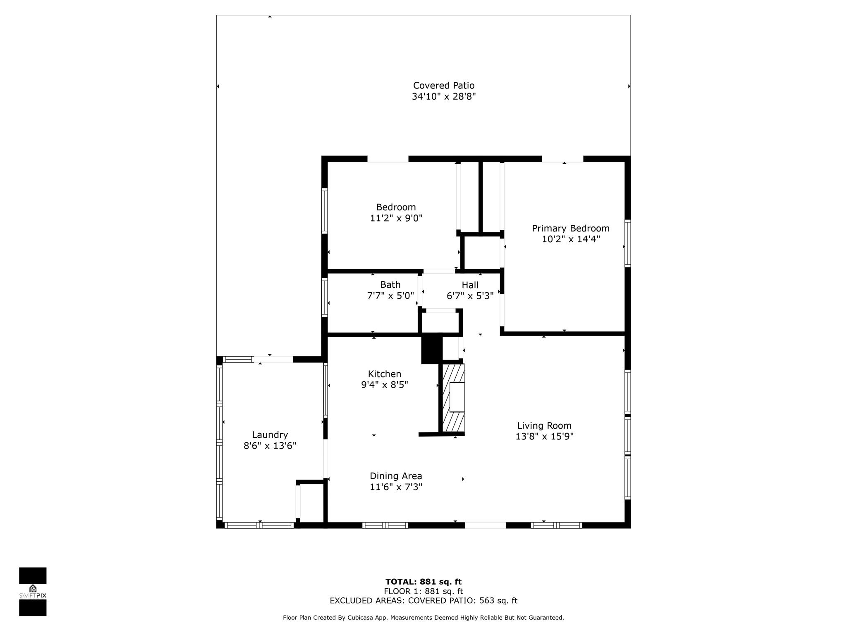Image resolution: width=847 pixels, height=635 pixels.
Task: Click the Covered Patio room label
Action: (x=444, y=86)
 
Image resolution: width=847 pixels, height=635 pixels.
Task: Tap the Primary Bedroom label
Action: (x=571, y=228)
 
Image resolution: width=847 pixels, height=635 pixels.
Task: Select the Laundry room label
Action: (x=270, y=434)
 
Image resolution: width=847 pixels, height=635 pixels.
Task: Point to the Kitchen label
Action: (x=385, y=374)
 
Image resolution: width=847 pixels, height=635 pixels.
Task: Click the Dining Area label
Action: (x=396, y=476)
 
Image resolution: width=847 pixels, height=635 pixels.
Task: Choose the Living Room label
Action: (x=544, y=425)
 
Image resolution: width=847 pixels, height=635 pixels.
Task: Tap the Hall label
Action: (x=470, y=285)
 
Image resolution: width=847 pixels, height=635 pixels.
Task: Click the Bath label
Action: (x=390, y=284)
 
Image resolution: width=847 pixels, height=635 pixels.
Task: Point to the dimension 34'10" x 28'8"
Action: (x=444, y=96)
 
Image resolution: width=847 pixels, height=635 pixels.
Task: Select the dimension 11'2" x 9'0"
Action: (x=396, y=218)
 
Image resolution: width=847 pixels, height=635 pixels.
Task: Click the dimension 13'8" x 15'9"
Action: (x=544, y=436)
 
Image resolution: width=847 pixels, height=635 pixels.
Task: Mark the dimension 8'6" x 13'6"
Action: (x=270, y=446)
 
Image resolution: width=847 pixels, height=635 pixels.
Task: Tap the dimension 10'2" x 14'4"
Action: (x=571, y=239)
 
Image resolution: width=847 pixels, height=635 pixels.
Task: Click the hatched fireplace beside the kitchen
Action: (x=453, y=398)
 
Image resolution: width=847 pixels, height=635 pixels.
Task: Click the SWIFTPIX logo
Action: (x=33, y=591)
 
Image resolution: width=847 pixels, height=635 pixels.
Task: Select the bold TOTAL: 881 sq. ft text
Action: (x=423, y=582)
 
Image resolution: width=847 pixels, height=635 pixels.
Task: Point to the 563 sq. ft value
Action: (x=498, y=601)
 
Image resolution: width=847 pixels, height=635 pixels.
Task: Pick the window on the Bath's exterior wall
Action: (x=325, y=298)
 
